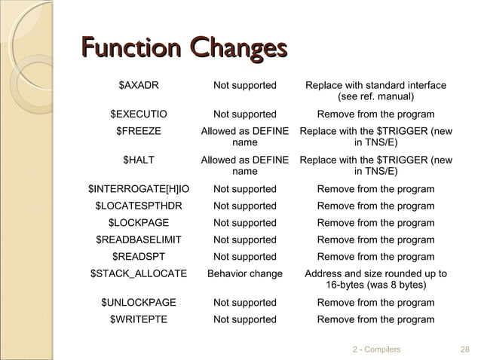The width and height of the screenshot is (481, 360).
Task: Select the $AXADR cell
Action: [139, 85]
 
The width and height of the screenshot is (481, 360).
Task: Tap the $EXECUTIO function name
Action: [139, 114]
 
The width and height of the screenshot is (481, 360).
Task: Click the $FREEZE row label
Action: [139, 132]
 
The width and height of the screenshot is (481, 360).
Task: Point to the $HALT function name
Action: [139, 160]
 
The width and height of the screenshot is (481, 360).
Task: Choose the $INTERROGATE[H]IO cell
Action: [139, 188]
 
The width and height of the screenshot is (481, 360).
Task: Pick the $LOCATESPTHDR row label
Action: [139, 206]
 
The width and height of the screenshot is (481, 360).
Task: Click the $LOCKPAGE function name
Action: [139, 223]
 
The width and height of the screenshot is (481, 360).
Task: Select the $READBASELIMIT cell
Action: [139, 239]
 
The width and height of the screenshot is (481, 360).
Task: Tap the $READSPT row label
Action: [139, 257]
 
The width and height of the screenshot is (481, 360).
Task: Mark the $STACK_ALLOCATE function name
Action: [139, 274]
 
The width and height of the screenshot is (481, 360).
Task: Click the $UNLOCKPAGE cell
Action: [139, 303]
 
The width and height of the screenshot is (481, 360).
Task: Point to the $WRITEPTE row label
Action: [139, 319]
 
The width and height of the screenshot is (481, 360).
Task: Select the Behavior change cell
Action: [245, 274]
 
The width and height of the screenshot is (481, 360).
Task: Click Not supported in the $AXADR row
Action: [245, 85]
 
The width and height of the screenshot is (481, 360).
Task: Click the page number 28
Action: [464, 349]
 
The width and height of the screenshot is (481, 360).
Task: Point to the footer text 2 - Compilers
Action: [377, 349]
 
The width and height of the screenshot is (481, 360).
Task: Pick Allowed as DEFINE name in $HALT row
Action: [245, 166]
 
